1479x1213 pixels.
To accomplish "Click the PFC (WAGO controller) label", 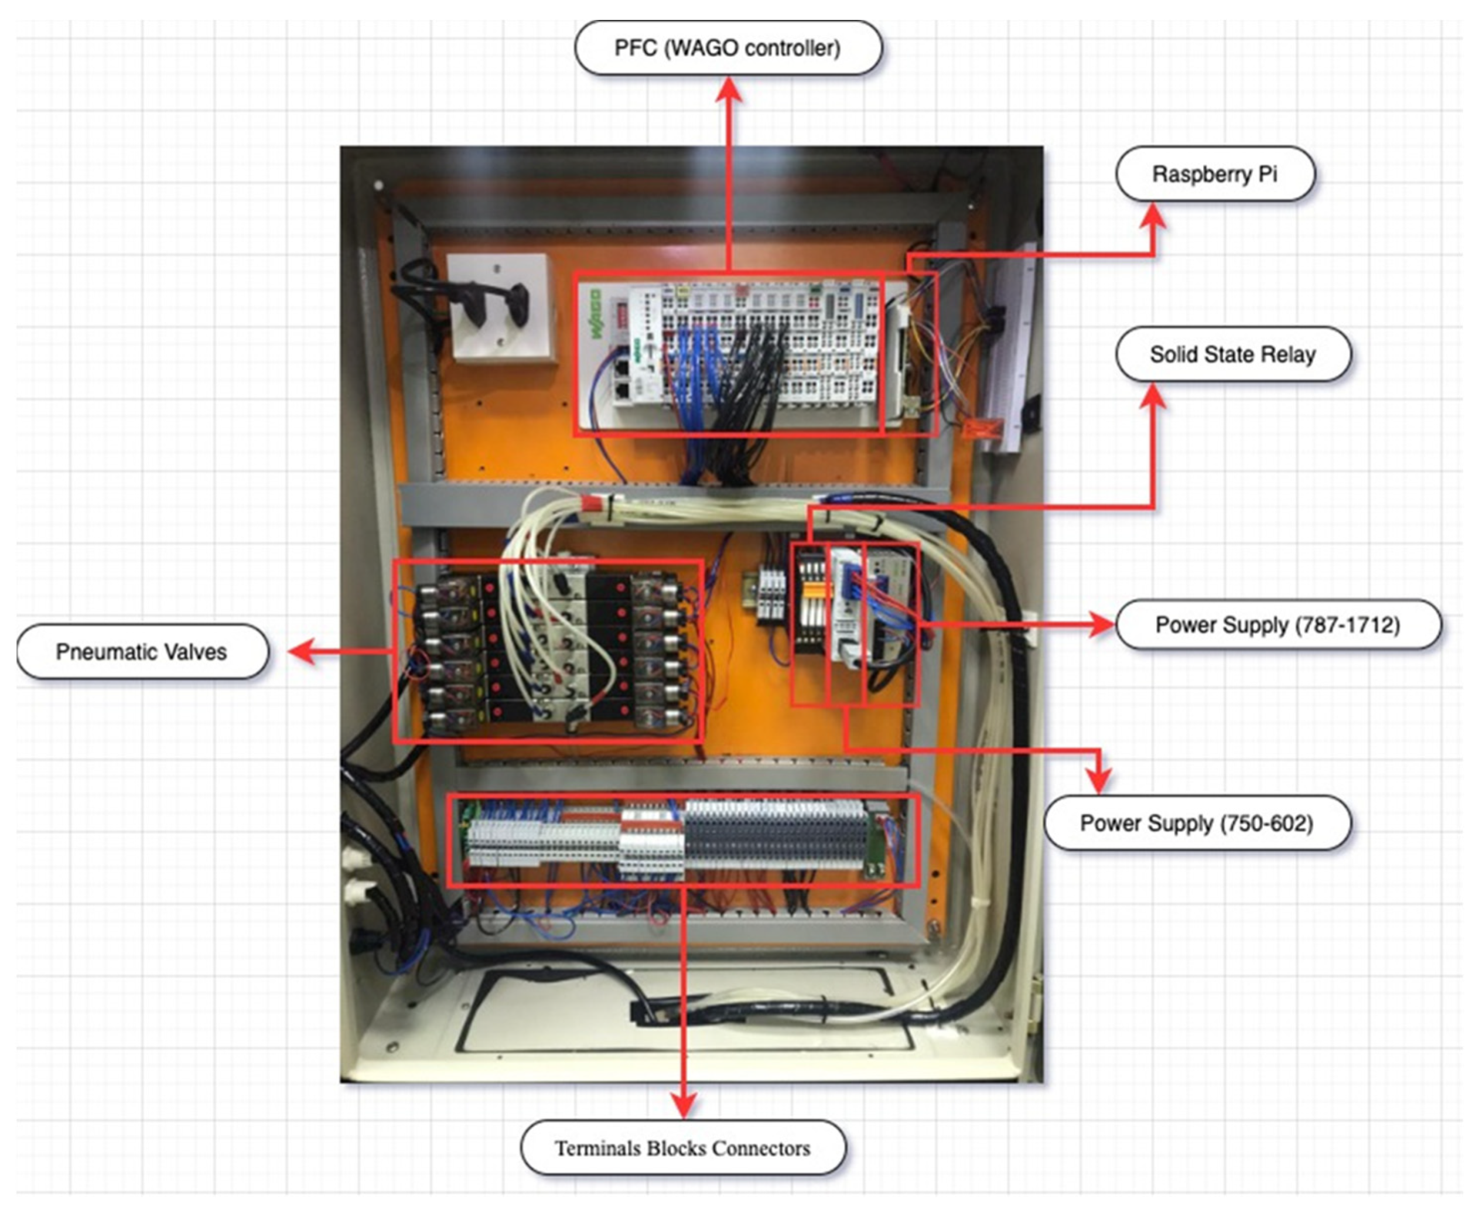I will click(727, 47).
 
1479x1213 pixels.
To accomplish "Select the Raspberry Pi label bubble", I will click(1214, 173).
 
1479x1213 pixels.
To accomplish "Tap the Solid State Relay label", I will click(1232, 354).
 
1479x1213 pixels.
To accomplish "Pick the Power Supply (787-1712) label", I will click(1277, 624).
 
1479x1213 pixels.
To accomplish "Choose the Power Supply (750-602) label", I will click(1196, 822).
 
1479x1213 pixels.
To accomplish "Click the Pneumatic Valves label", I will click(142, 651).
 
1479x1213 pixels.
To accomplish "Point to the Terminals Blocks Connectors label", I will click(682, 1148).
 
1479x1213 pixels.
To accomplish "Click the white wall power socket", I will click(499, 307).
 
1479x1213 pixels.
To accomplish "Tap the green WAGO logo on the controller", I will click(595, 314).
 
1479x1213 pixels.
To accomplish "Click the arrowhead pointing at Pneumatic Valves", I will click(299, 651).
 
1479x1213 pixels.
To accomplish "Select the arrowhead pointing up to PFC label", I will click(728, 90).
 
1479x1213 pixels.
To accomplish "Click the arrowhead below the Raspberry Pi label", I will click(1152, 215).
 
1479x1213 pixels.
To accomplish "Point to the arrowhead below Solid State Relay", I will click(1152, 395).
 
